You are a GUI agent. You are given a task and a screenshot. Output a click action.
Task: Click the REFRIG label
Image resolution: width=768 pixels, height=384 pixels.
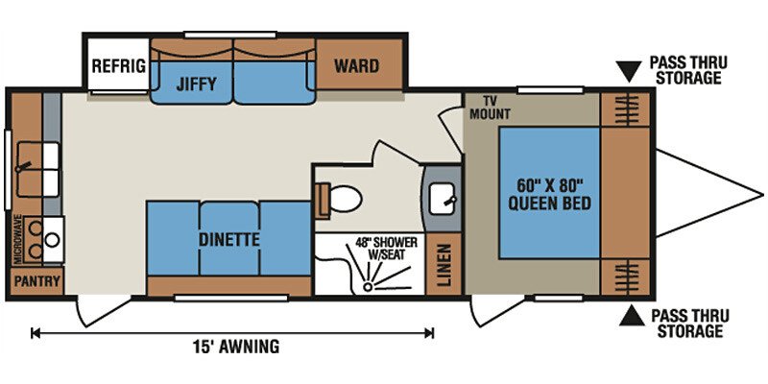119,65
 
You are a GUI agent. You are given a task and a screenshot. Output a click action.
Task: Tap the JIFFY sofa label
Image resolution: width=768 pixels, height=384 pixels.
196,84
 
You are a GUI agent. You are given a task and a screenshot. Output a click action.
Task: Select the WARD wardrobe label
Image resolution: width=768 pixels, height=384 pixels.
356,65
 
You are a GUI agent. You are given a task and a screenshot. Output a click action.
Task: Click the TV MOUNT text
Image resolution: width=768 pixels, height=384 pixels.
490,108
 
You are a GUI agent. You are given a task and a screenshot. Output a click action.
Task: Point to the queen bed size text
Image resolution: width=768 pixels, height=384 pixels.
549,195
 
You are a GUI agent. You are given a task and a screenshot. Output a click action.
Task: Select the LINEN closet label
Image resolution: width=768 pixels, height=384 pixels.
444,264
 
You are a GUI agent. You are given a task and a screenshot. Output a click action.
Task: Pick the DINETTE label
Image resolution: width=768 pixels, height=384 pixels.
228,240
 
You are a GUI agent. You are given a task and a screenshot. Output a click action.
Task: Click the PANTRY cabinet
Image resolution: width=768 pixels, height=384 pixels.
36,281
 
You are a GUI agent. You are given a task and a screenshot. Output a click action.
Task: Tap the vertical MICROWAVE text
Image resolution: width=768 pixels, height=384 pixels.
18,239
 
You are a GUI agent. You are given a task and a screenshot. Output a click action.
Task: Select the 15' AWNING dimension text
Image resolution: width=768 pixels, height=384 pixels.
235,347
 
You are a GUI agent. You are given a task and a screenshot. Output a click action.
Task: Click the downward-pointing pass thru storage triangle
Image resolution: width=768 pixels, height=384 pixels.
629,70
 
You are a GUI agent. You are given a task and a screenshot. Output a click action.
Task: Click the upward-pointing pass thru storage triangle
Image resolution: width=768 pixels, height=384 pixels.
632,316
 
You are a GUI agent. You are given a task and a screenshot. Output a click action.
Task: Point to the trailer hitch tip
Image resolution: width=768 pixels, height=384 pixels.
762,195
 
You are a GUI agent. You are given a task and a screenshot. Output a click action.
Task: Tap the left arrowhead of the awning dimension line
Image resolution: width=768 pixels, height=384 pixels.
34,333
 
